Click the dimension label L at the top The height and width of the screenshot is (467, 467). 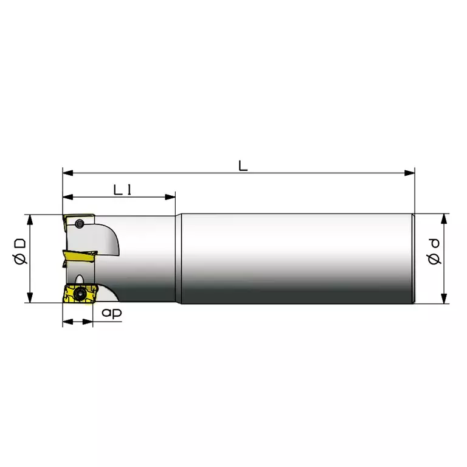[x=243, y=165]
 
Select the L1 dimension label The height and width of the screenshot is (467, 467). [x=122, y=190]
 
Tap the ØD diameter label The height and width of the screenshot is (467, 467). [x=20, y=252]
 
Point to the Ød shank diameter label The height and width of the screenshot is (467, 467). [x=434, y=252]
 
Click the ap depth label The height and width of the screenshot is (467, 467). [x=112, y=313]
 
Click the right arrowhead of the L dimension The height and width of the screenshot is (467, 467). [x=409, y=173]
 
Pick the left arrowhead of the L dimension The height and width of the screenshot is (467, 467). [x=68, y=173]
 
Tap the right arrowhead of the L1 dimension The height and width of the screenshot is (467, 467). [x=170, y=197]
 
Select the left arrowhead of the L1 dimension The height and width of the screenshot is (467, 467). [x=68, y=197]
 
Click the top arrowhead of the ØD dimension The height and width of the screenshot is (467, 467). [x=30, y=220]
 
